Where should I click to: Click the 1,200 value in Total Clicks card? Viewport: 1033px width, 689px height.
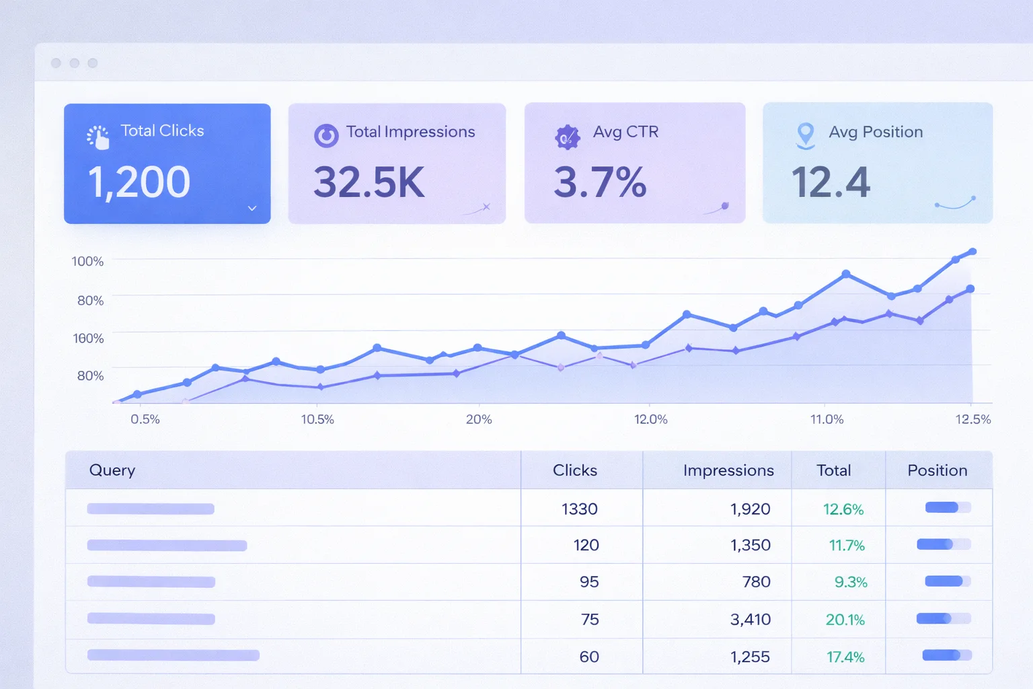click(x=139, y=182)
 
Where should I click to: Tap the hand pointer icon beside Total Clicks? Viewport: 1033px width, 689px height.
click(x=99, y=137)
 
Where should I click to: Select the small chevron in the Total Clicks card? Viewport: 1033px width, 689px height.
click(x=252, y=209)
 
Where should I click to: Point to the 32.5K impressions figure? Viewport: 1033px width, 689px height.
click(x=369, y=182)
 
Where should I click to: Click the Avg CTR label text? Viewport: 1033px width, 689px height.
click(x=625, y=132)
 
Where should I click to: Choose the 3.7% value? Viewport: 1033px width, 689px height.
click(x=599, y=182)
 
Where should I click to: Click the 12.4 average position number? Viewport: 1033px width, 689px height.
click(x=831, y=182)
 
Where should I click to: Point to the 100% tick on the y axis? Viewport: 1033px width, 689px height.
click(x=87, y=261)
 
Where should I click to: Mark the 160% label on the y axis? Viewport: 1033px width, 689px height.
click(x=88, y=338)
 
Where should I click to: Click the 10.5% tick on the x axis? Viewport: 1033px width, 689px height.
click(x=317, y=419)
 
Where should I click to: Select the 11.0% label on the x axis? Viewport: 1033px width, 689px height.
click(x=827, y=419)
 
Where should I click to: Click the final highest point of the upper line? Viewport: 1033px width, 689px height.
click(x=972, y=252)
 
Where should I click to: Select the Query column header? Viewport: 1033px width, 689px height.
click(x=112, y=470)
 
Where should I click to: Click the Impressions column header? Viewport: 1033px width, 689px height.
click(x=728, y=470)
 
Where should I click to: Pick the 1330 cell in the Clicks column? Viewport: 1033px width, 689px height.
click(x=579, y=509)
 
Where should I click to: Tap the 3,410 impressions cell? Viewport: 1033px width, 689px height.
click(x=750, y=619)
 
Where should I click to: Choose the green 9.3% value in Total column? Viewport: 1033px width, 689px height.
click(x=850, y=582)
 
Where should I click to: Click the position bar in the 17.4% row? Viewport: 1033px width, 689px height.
click(x=946, y=655)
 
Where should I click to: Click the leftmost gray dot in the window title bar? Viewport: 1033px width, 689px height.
click(x=56, y=63)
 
